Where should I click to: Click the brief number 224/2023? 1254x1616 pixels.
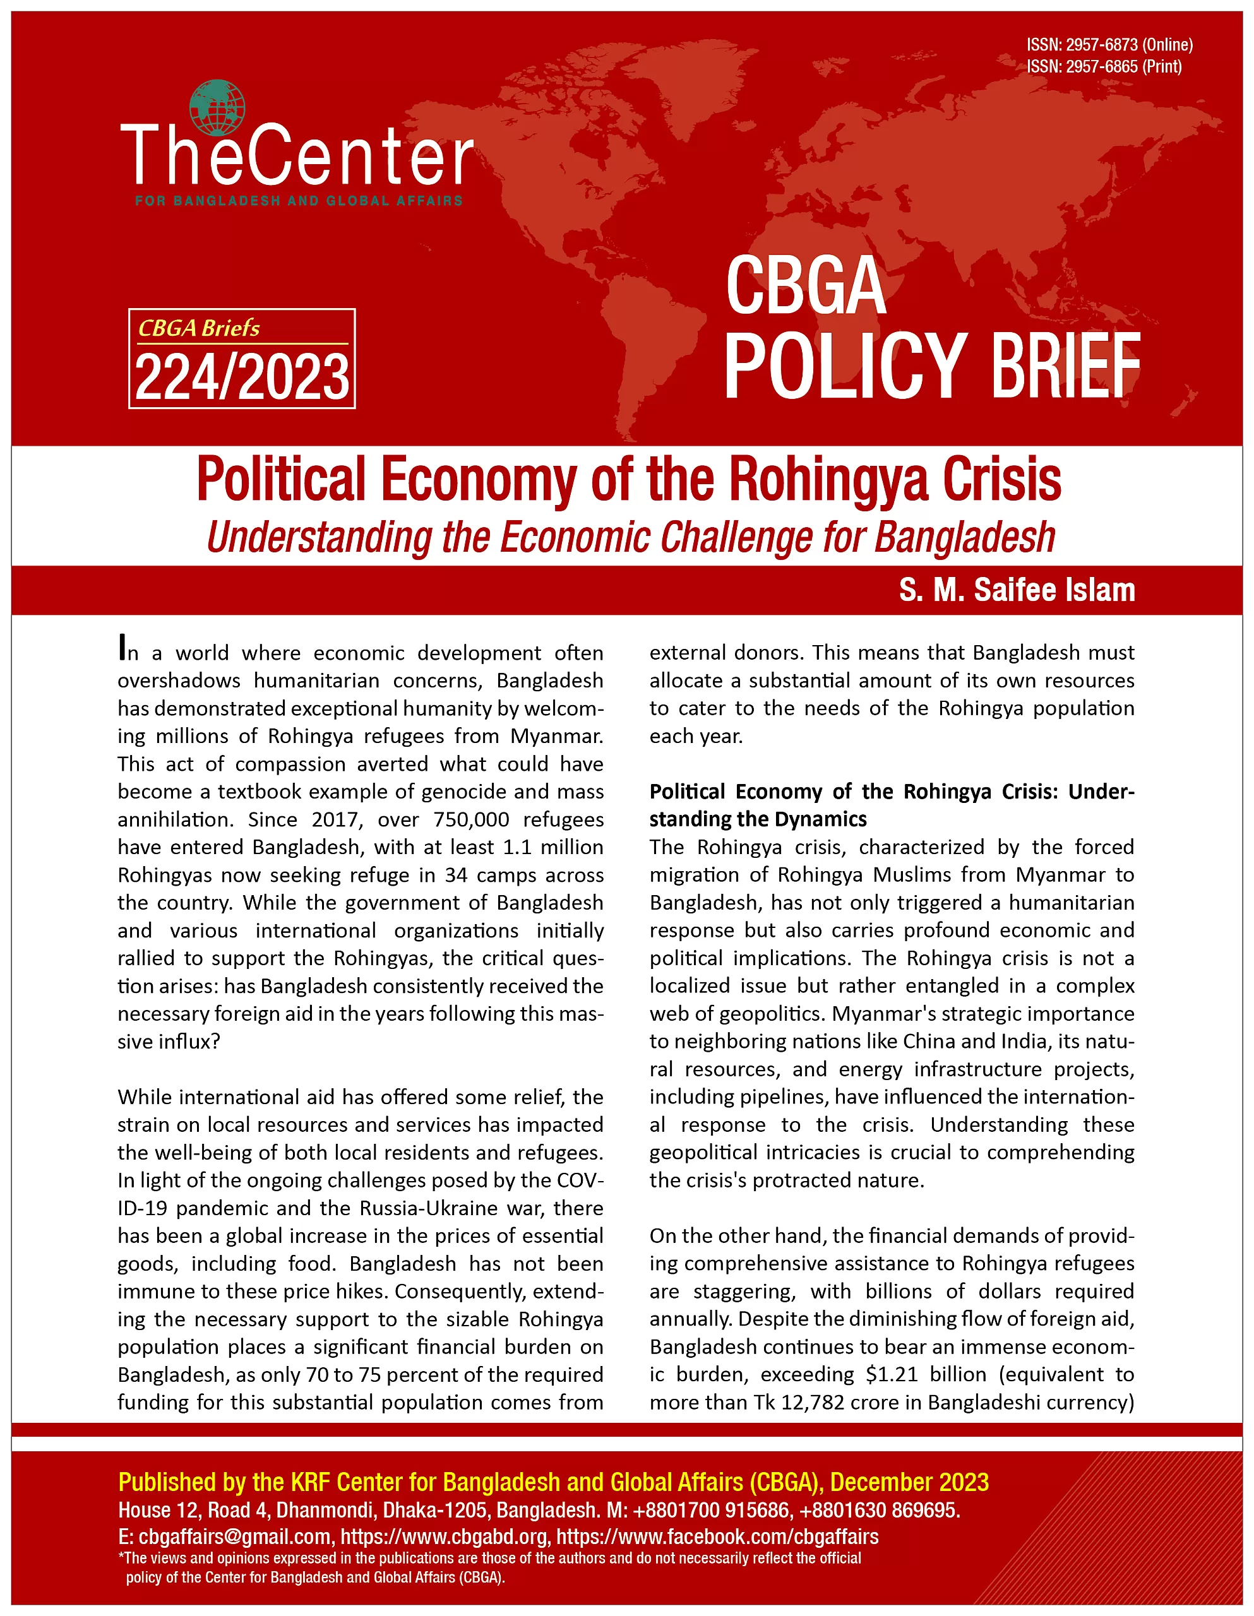(x=242, y=377)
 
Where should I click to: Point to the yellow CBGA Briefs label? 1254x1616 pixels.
(x=199, y=328)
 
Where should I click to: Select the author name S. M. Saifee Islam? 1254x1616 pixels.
(x=1017, y=590)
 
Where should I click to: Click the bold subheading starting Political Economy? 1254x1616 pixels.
(x=892, y=805)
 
